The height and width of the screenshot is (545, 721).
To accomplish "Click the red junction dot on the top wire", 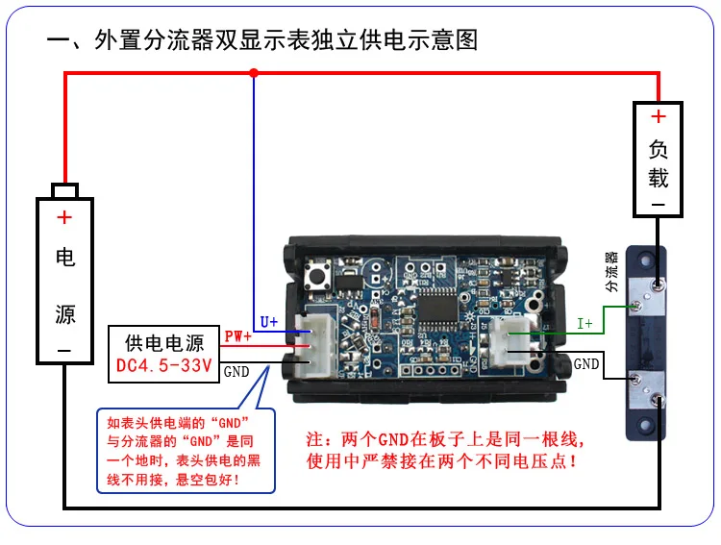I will point(254,72).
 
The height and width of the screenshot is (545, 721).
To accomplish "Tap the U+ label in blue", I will point(269,322).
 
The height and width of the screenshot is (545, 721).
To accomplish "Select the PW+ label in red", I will point(237,337).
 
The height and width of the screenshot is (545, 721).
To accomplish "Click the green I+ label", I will point(584,324).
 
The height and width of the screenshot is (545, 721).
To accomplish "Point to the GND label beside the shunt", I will point(586,365).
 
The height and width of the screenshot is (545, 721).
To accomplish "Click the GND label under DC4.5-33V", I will point(236,371).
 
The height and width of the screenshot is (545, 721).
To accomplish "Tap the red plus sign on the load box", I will point(659,117).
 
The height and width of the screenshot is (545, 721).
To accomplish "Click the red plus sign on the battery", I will point(64,218).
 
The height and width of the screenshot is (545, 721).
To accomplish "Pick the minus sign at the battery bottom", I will point(64,352).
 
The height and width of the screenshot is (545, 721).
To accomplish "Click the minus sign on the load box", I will point(659,205).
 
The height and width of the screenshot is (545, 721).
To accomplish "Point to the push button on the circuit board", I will point(315,281).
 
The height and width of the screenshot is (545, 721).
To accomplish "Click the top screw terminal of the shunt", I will point(655,285).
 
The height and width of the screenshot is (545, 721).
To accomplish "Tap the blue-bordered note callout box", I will point(186,451).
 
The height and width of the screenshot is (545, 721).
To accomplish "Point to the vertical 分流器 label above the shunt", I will point(610,272).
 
